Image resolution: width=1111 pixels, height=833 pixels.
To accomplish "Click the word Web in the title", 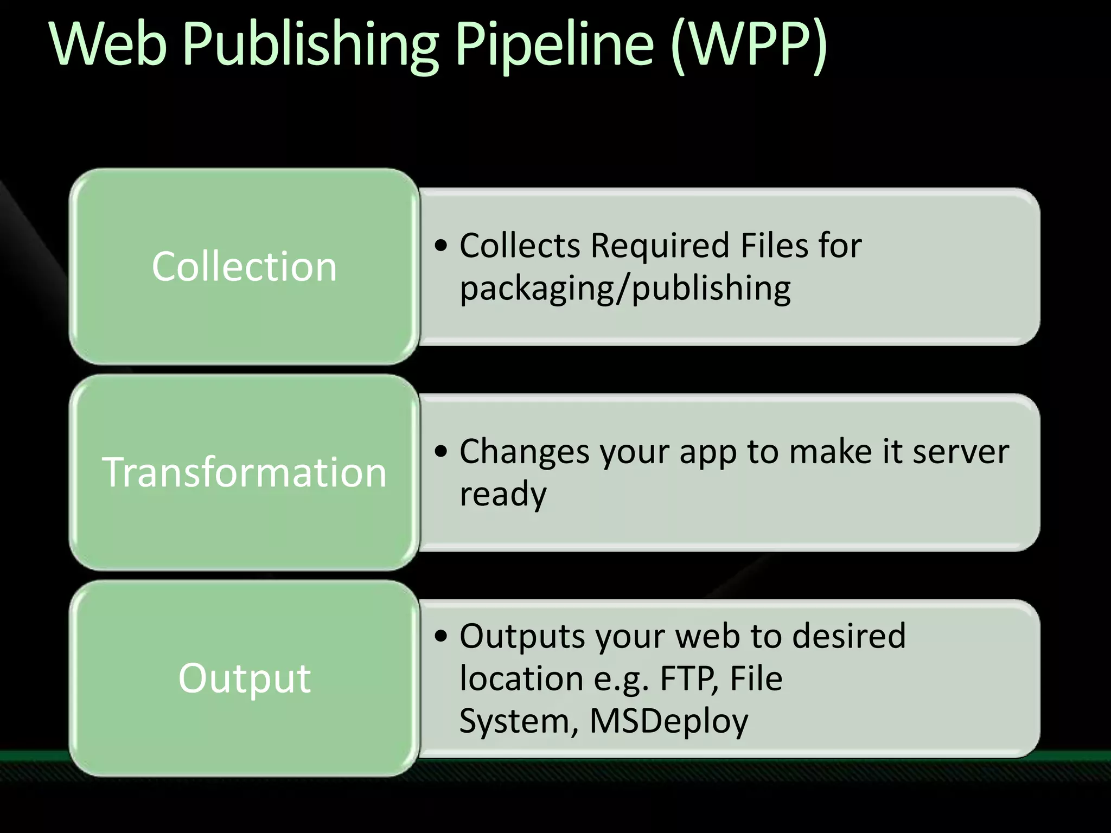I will [108, 43].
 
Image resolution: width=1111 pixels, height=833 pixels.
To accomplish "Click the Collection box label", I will [244, 266].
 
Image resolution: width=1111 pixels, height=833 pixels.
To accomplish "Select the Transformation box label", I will [244, 472].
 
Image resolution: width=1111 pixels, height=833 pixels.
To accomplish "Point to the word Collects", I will [520, 245].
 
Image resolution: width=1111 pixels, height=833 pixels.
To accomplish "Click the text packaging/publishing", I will [625, 289].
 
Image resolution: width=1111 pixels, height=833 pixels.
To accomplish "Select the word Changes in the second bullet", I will [524, 451].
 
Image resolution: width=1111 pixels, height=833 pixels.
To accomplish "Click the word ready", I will [503, 495].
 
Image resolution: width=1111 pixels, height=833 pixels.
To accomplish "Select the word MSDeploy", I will [668, 721].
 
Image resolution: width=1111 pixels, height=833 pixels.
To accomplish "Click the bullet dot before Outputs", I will [442, 637].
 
